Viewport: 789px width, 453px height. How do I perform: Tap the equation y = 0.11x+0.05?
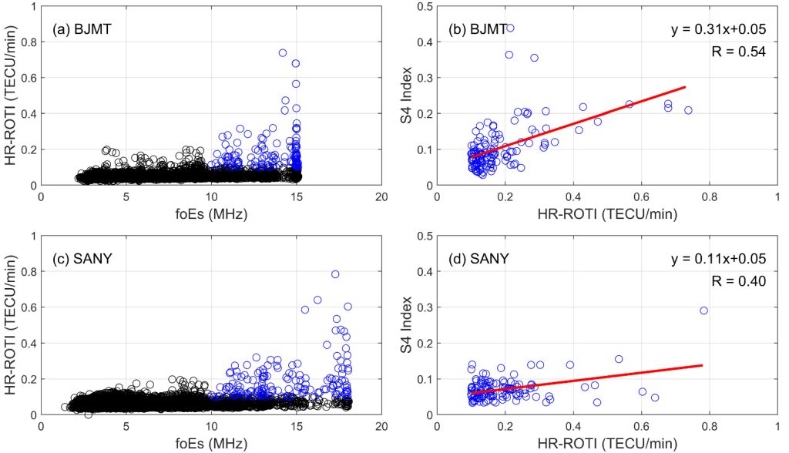click(x=724, y=259)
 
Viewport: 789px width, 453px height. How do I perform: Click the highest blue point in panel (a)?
click(x=283, y=53)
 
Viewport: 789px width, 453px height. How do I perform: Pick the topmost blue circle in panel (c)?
click(x=335, y=274)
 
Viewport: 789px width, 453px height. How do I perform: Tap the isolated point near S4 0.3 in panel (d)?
click(x=703, y=310)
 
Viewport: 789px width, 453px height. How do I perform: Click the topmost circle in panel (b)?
click(x=510, y=28)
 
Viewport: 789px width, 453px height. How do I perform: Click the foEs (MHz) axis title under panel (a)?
click(x=210, y=214)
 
